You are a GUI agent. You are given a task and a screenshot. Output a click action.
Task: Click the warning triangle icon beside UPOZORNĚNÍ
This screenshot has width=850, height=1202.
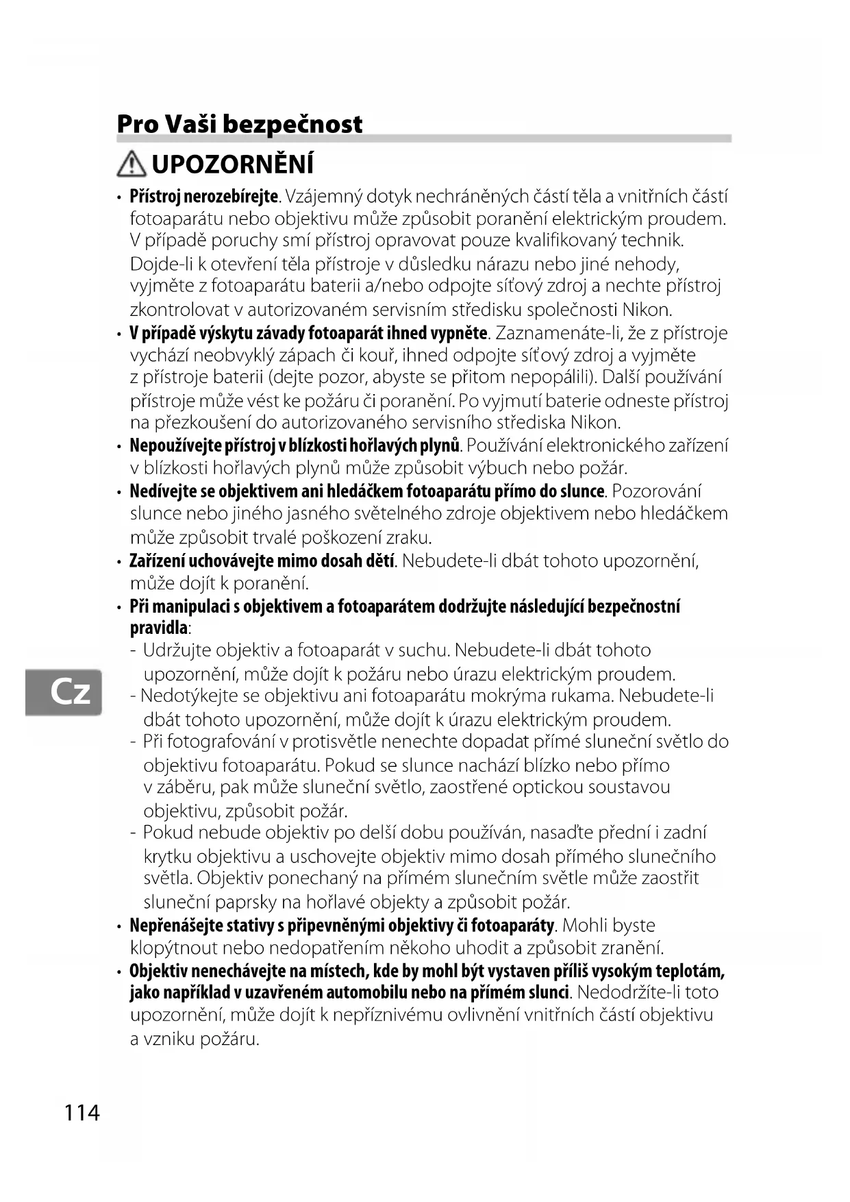tap(131, 164)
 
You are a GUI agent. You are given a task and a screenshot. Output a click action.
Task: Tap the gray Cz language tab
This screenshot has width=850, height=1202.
tap(64, 692)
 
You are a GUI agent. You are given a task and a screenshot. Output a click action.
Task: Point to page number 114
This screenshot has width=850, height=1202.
tap(82, 1112)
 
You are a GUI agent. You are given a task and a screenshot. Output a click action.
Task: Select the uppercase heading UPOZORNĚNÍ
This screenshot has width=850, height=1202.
tap(233, 165)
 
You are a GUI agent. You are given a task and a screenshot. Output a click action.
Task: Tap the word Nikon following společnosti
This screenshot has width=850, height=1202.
tap(647, 310)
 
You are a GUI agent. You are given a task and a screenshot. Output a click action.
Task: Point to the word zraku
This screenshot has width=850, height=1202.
tap(409, 537)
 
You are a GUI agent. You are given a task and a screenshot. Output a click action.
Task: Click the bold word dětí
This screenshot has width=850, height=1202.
tap(380, 561)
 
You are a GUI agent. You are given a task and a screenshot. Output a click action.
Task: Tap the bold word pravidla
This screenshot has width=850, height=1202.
tap(159, 628)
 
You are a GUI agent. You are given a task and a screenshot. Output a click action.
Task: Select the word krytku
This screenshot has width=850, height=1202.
tap(168, 857)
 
